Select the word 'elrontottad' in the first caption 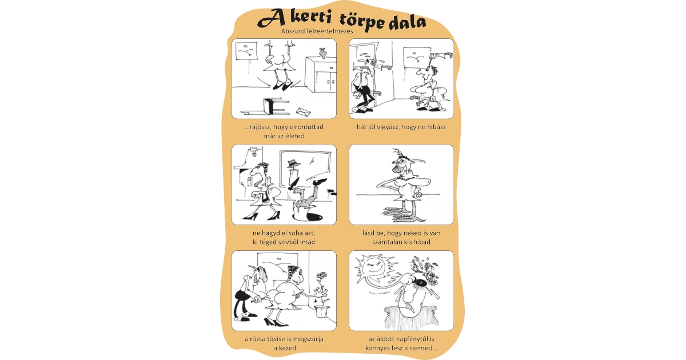click(303, 127)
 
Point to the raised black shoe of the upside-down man click(321, 182)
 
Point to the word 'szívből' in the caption click(290, 242)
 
